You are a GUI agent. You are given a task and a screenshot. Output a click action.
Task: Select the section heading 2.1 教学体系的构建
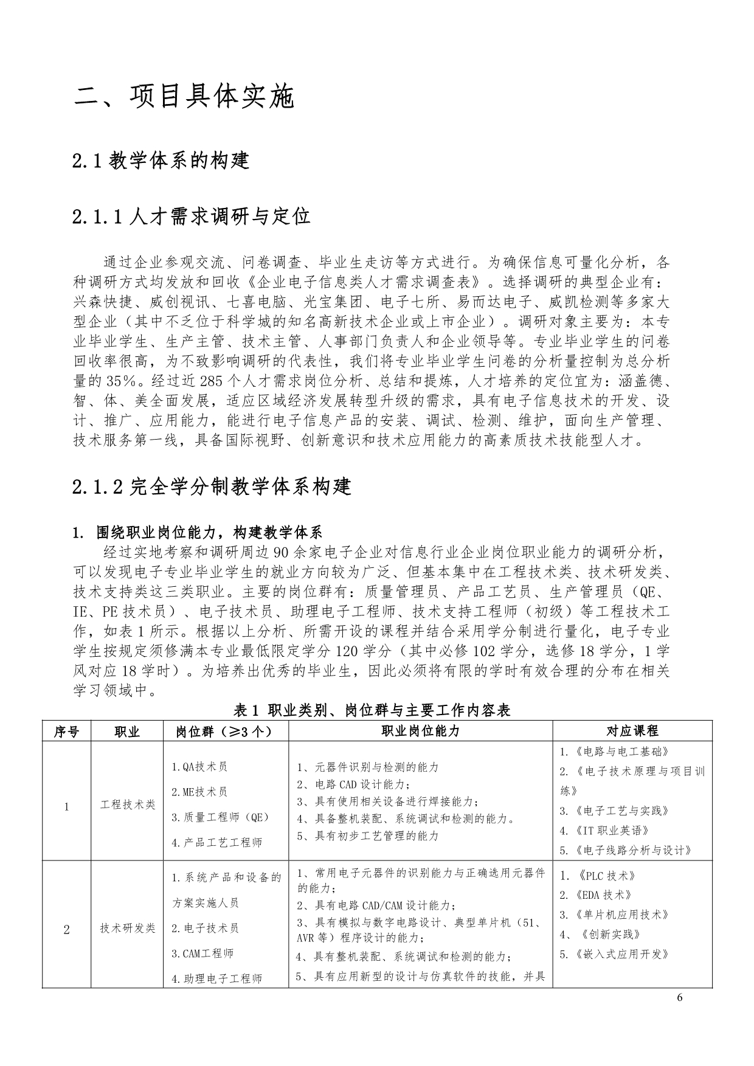click(161, 161)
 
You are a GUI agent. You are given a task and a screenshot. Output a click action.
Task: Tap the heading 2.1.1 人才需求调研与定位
click(191, 216)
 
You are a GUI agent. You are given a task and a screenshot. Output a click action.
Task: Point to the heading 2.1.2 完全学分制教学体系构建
click(211, 486)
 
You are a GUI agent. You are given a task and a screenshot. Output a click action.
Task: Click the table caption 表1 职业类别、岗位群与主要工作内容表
click(372, 710)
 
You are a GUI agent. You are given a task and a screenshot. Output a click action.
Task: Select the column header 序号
click(66, 732)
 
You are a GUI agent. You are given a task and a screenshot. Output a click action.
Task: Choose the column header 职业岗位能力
click(420, 732)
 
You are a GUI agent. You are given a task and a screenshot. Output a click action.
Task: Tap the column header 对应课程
click(632, 732)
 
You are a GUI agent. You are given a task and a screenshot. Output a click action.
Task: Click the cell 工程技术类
click(128, 805)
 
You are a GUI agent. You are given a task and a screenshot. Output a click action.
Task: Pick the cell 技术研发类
click(128, 929)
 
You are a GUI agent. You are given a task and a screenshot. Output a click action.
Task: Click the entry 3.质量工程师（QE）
click(220, 817)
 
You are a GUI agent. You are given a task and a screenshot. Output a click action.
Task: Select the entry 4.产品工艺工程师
click(217, 843)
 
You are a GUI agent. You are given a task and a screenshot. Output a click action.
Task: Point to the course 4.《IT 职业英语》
click(604, 831)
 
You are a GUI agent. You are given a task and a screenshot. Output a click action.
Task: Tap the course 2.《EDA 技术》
click(596, 895)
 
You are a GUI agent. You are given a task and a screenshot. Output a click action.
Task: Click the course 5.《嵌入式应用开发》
click(614, 954)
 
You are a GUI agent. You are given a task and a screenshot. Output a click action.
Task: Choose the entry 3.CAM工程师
click(202, 954)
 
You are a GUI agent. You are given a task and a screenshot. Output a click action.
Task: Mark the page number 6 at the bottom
click(680, 997)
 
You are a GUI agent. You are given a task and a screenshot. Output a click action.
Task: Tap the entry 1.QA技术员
click(199, 767)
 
